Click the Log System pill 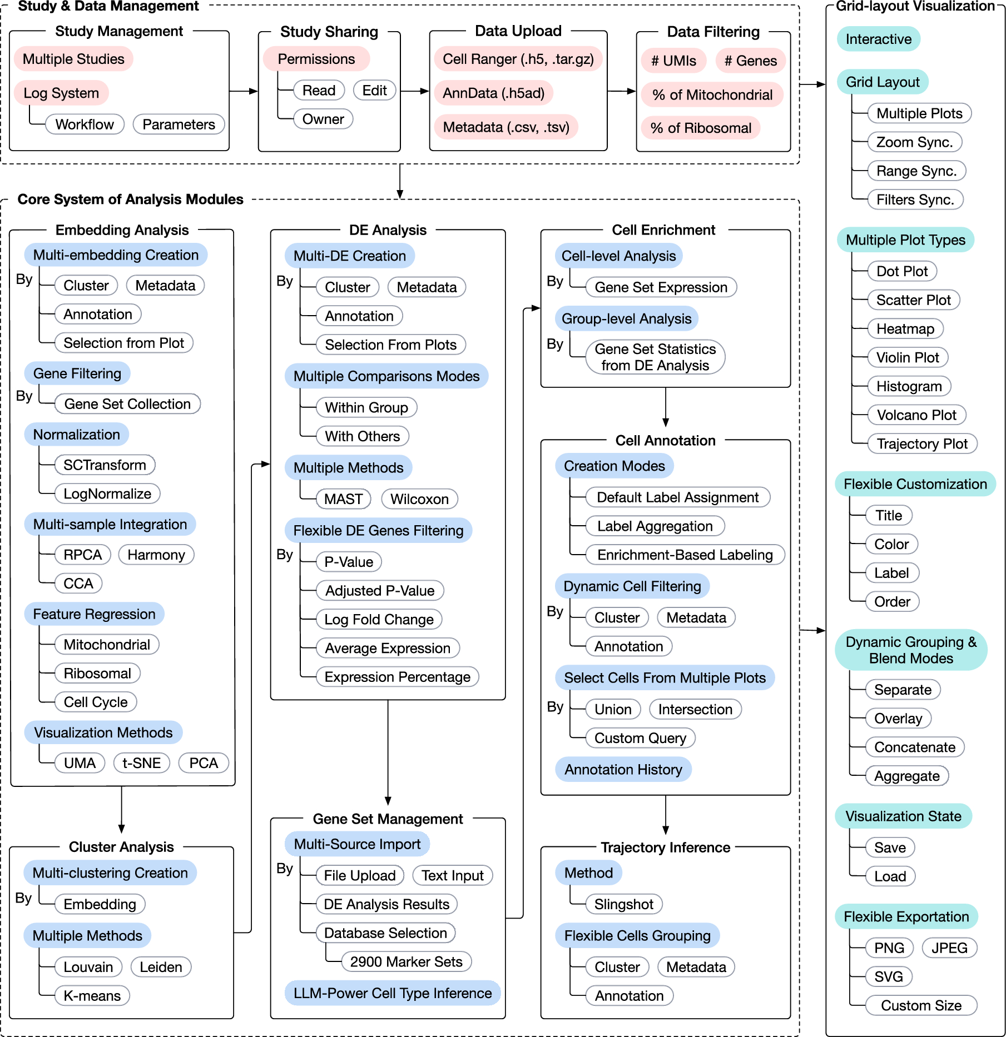pyautogui.click(x=61, y=93)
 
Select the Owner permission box pyautogui.click(x=323, y=119)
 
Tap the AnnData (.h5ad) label pyautogui.click(x=494, y=93)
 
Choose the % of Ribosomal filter pyautogui.click(x=701, y=128)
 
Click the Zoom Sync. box pyautogui.click(x=915, y=142)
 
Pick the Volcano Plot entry pyautogui.click(x=916, y=415)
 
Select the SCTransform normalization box pyautogui.click(x=105, y=465)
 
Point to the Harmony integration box pyautogui.click(x=156, y=555)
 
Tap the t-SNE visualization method pyautogui.click(x=142, y=763)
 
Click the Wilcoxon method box pyautogui.click(x=419, y=499)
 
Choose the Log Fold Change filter pyautogui.click(x=379, y=619)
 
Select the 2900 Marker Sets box pyautogui.click(x=407, y=961)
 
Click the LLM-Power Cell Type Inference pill pyautogui.click(x=393, y=993)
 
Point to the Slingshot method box pyautogui.click(x=624, y=904)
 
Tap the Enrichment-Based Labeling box pyautogui.click(x=685, y=555)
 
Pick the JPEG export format pyautogui.click(x=950, y=948)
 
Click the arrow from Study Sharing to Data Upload pyautogui.click(x=415, y=91)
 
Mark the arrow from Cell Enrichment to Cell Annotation pyautogui.click(x=666, y=407)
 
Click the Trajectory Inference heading pyautogui.click(x=666, y=847)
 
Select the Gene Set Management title pyautogui.click(x=388, y=819)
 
